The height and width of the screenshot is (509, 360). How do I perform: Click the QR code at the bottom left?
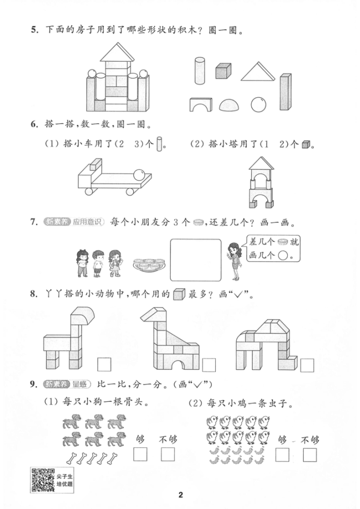[43, 480]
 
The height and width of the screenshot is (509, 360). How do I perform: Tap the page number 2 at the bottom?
[181, 495]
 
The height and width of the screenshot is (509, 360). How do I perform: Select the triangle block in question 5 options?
[258, 71]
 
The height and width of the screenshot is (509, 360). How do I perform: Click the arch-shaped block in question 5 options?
[200, 104]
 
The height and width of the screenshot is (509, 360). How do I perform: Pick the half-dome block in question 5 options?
[229, 105]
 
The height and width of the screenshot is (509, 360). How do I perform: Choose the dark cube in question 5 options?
[223, 71]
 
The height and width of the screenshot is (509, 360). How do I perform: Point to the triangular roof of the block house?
[117, 52]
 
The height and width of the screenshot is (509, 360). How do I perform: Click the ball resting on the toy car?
[140, 174]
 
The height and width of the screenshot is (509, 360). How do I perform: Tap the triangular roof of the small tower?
[262, 163]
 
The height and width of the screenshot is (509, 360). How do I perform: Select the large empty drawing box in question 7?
[196, 259]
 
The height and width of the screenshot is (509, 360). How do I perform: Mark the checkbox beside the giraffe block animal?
[209, 365]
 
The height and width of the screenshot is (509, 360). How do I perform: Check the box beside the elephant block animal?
[307, 365]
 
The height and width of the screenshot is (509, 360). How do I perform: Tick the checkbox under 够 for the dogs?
[140, 454]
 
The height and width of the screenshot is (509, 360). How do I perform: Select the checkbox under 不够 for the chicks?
[310, 455]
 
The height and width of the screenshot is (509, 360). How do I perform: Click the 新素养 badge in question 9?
[57, 384]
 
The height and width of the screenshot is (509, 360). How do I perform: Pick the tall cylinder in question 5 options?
[199, 71]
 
